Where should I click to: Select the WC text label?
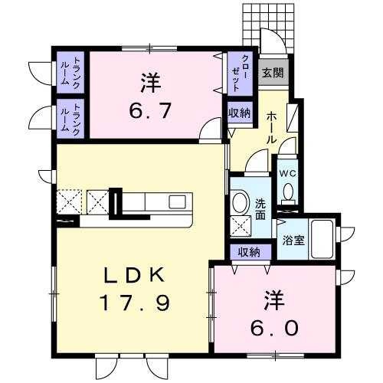[287, 173]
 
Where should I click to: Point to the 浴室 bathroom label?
[293, 239]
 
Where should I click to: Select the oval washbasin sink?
[241, 202]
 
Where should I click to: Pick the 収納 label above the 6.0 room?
[247, 252]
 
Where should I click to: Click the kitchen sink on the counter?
[177, 202]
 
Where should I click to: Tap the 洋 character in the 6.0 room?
[273, 297]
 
